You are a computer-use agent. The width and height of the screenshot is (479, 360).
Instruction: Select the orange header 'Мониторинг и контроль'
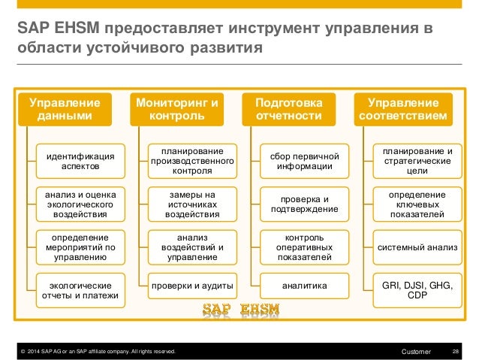[177, 109]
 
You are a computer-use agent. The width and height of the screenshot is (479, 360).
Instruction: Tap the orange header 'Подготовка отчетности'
[289, 109]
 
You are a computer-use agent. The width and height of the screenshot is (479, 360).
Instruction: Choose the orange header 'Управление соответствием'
[406, 109]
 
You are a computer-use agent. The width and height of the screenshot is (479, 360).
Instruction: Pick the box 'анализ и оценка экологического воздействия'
[80, 204]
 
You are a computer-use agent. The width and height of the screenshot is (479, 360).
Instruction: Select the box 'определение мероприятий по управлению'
[80, 247]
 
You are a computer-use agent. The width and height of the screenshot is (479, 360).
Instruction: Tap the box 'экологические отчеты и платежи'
[80, 291]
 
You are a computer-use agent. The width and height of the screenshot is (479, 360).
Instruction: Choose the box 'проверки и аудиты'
[192, 286]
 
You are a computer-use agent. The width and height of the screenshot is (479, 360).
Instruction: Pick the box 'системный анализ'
[417, 246]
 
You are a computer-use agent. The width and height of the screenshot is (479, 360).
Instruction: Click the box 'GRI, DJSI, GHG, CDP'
[417, 291]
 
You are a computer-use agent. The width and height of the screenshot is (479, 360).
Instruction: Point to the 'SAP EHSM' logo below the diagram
[241, 309]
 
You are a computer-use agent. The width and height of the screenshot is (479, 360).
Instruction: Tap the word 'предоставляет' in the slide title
[159, 30]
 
